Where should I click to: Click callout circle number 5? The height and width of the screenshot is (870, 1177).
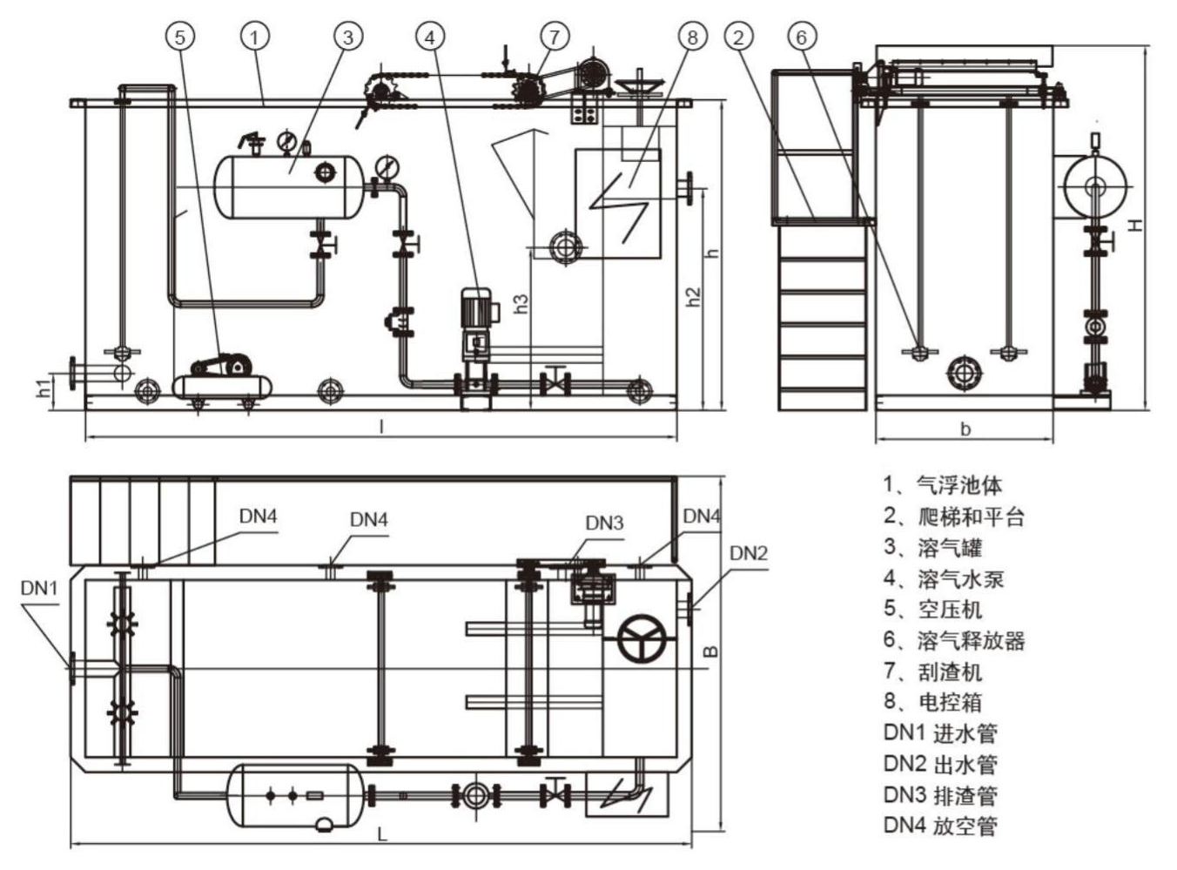tap(179, 37)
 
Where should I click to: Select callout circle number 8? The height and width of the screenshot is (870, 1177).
tap(692, 37)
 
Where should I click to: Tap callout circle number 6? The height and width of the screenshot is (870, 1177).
tap(802, 37)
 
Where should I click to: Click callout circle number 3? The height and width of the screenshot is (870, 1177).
tap(347, 37)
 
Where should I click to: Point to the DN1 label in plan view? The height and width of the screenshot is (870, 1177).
tap(39, 589)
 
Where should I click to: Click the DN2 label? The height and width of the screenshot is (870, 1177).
tap(748, 554)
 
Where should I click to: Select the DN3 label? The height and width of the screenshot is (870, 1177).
tap(604, 523)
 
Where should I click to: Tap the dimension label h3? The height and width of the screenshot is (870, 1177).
tap(521, 303)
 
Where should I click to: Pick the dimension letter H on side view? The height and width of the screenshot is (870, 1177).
tap(1134, 225)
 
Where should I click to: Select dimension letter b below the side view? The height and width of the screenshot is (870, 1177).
tap(965, 428)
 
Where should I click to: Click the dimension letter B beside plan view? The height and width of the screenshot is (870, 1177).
tap(710, 651)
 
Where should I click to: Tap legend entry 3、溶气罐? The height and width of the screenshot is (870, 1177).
tap(932, 548)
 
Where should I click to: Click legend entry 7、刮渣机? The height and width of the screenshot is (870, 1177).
tap(932, 671)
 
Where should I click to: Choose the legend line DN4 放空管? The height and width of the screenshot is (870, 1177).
tap(940, 826)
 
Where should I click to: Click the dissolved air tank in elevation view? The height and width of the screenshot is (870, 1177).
tap(290, 186)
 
